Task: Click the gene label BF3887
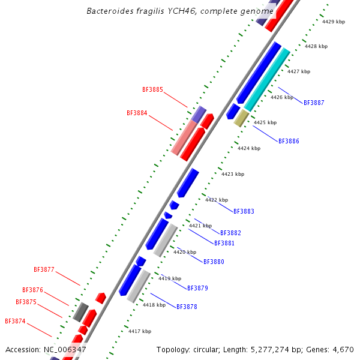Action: pos(314,103)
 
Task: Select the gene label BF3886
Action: pos(289,141)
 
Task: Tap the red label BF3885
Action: pos(152,89)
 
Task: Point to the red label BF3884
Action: pos(137,113)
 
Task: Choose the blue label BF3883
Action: pos(244,211)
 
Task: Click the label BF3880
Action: pos(214,262)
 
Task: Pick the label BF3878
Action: pos(187,307)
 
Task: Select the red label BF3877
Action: pos(44,269)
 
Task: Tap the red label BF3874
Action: pos(15,321)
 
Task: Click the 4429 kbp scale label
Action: pos(334,22)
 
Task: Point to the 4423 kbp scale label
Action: pos(233,174)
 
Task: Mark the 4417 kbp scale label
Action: pos(140,331)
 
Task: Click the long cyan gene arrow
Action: pos(267,80)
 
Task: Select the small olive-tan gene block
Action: pos(241,118)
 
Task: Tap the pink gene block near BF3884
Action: pos(184,137)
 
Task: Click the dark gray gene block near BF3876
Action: pos(80,311)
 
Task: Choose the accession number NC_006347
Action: pos(65,349)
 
